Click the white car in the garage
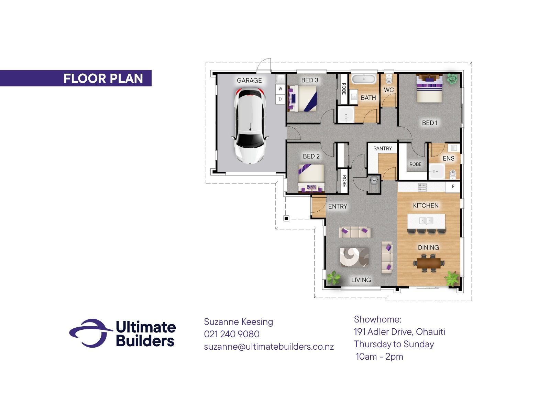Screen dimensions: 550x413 click(250, 125)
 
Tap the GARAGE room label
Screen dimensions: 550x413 click(249, 81)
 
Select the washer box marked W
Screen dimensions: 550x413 click(280, 89)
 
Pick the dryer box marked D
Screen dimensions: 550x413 click(280, 99)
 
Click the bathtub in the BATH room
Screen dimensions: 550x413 click(364, 79)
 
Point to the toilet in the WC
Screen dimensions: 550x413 click(389, 79)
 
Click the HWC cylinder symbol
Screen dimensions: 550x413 click(374, 180)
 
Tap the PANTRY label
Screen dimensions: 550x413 click(382, 148)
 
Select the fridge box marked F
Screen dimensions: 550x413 click(453, 186)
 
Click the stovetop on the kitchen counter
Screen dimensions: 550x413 click(422, 187)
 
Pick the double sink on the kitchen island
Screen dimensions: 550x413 click(426, 221)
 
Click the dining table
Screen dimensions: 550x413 click(428, 263)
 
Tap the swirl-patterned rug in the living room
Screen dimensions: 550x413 click(354, 257)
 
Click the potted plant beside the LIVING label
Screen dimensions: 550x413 click(333, 278)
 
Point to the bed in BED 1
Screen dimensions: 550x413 click(429, 88)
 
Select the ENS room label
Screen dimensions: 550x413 click(449, 158)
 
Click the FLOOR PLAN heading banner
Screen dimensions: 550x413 click(76, 78)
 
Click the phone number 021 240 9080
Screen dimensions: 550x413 click(232, 334)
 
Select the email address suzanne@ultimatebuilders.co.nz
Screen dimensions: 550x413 click(269, 347)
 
